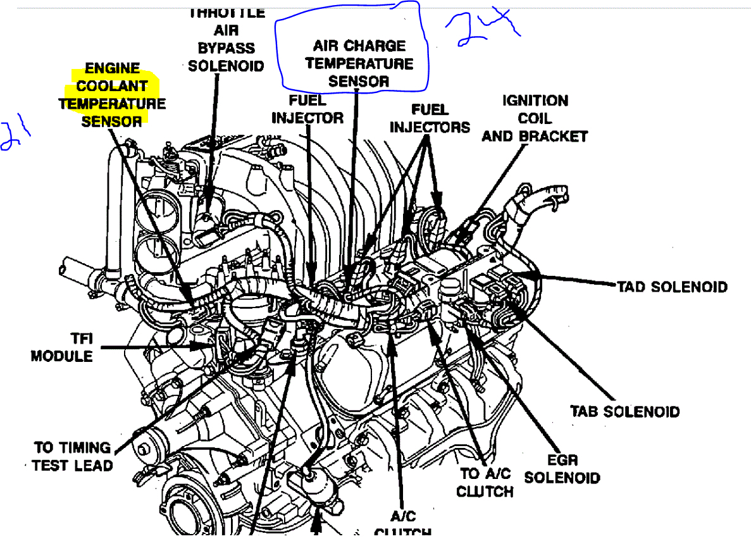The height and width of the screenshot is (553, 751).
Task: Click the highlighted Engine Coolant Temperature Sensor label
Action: (111, 94)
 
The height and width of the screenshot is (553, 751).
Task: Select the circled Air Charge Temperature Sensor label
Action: (359, 63)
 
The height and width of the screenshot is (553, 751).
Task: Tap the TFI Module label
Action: (62, 347)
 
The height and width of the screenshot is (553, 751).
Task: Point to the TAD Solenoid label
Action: (673, 287)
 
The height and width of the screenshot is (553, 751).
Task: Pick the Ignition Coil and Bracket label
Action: (535, 118)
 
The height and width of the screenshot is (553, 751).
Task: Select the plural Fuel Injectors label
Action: (430, 118)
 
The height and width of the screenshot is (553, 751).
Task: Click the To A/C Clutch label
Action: (485, 482)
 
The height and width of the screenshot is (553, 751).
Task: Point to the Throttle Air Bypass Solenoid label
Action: (226, 39)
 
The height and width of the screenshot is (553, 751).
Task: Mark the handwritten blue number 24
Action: (483, 28)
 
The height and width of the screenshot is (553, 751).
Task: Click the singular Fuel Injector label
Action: (307, 109)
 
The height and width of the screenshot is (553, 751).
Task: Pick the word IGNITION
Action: (535, 101)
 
